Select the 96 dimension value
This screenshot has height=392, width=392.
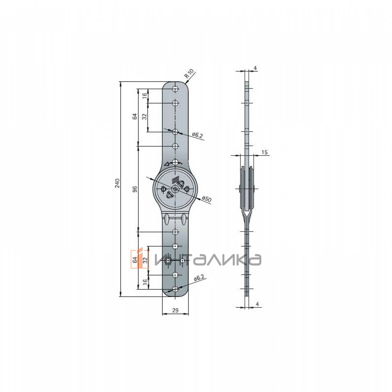tap(135, 189)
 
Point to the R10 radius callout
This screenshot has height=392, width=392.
tap(189, 73)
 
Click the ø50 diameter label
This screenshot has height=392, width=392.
tap(207, 199)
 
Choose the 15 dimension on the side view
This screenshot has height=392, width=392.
tap(265, 152)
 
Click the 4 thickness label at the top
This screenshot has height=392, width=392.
tap(255, 68)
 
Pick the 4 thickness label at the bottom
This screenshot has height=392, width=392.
tap(257, 310)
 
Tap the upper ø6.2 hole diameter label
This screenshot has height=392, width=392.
tap(198, 135)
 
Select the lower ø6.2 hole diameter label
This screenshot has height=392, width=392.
tap(199, 278)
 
